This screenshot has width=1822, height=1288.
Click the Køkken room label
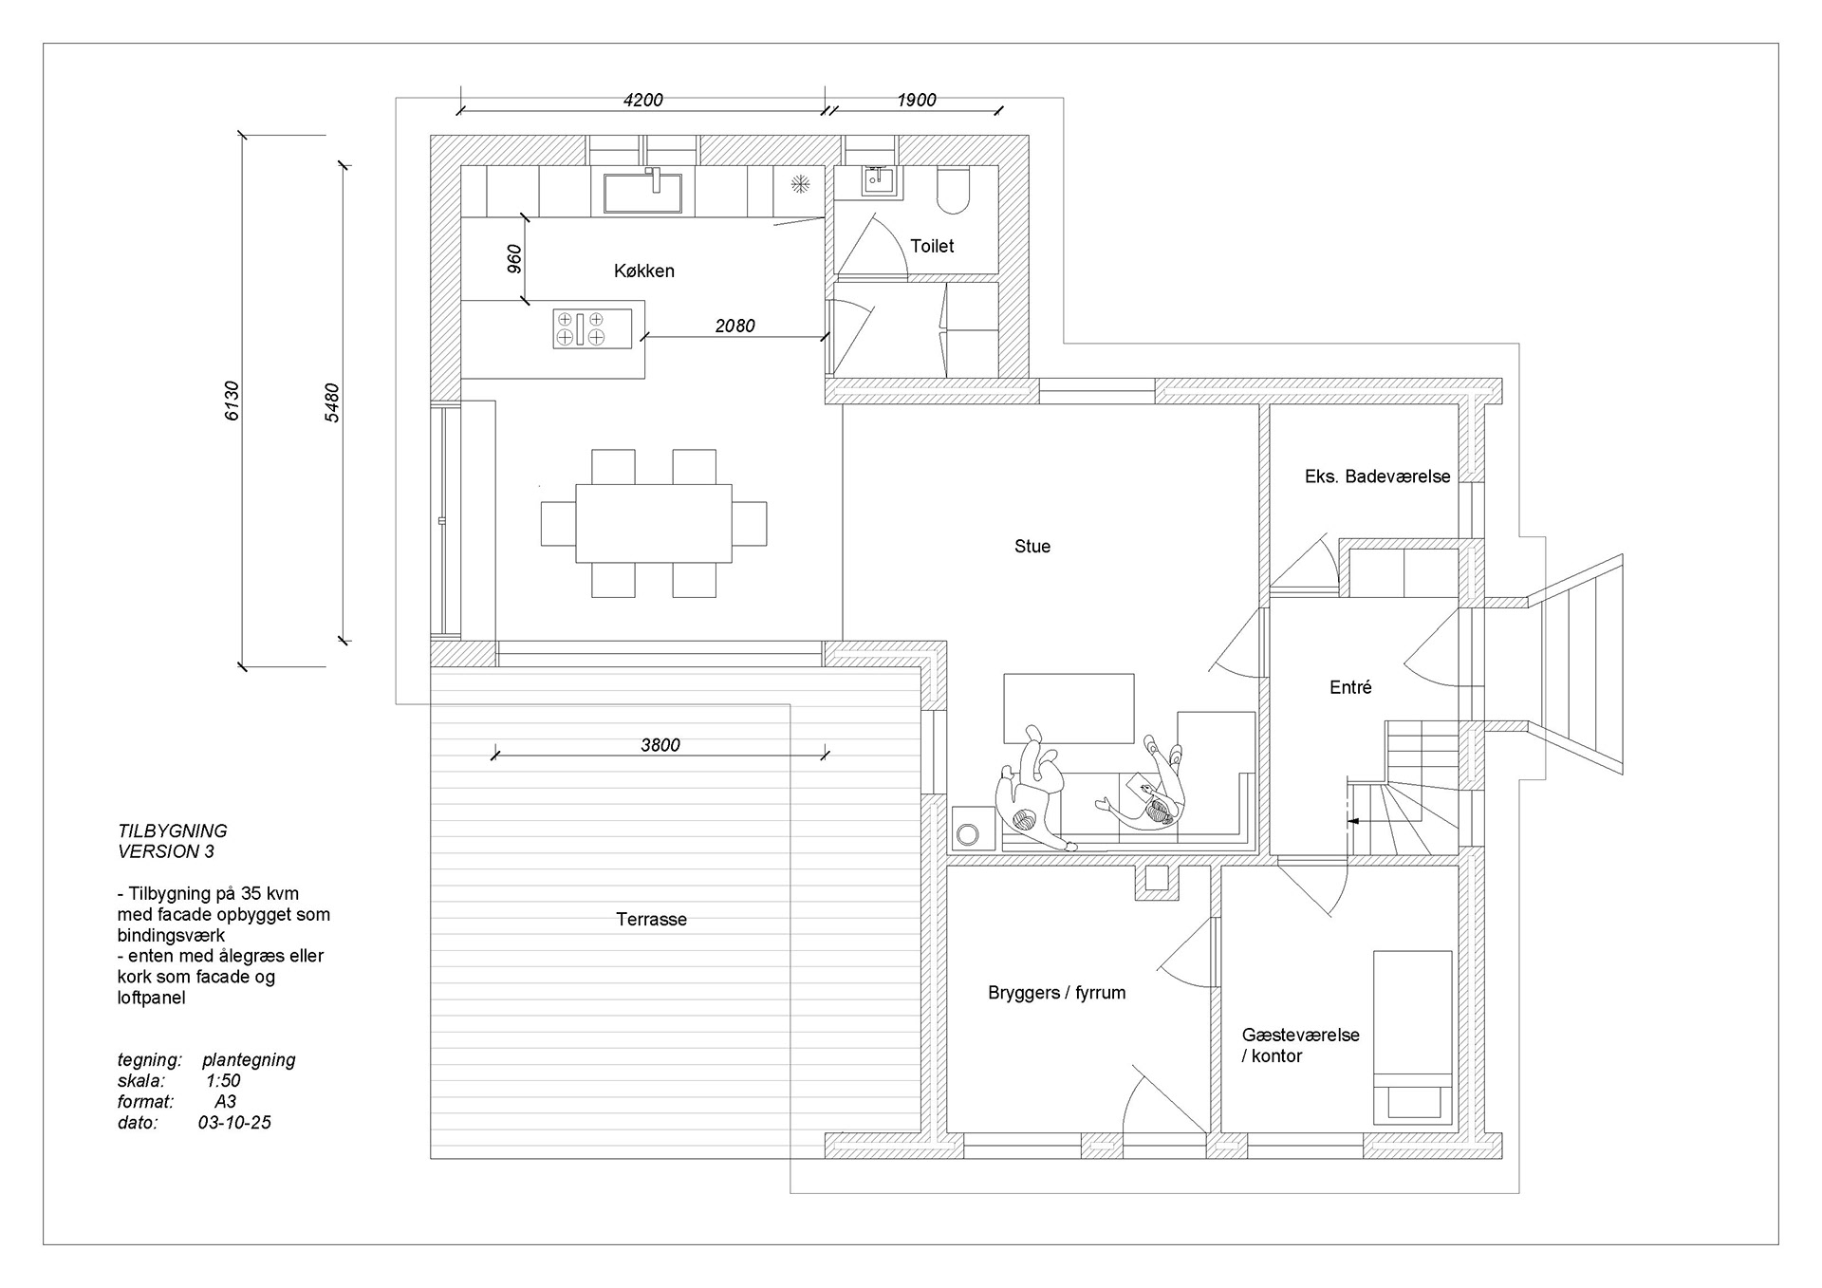coord(643,271)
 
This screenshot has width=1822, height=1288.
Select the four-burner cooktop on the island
coord(580,328)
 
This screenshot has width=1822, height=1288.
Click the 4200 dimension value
coord(642,101)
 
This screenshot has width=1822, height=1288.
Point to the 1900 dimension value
coord(916,101)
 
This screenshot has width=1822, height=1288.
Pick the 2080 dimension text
coord(734,327)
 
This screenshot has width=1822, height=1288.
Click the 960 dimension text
coord(513,259)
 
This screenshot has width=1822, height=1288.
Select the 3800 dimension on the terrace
coord(660,745)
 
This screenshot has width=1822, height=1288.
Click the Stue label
coord(1032,547)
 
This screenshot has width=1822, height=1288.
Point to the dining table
coord(654,523)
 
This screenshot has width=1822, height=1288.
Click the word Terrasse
coord(651,920)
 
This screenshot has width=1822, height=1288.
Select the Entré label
coord(1350,688)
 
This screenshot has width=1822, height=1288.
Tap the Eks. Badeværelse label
coord(1377,477)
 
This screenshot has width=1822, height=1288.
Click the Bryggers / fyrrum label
coord(1056,994)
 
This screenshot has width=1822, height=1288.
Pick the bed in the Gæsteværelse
coord(1412,1037)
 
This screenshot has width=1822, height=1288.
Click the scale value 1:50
coord(222,1081)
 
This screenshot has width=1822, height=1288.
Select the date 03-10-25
coord(234,1123)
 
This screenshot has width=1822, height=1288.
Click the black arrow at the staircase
coord(1354,820)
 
